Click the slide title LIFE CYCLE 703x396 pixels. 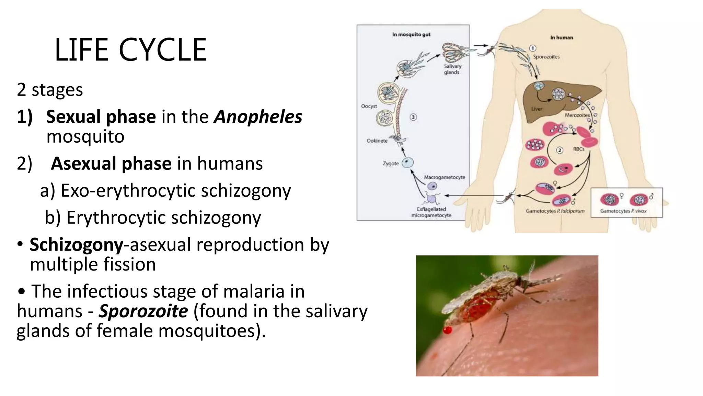pos(130,50)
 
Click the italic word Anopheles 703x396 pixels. pos(258,117)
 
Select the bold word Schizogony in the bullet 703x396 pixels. pos(76,245)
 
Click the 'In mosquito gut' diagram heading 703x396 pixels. pos(411,34)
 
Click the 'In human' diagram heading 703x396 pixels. pos(562,37)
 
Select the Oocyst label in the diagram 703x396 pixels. pos(369,106)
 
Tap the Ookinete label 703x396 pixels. pos(377,141)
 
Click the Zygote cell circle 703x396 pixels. pos(408,163)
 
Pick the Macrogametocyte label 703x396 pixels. pos(445,177)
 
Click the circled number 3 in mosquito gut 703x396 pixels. pos(413,117)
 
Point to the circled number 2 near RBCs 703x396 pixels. pos(560,150)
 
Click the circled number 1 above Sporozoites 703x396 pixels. pos(533,48)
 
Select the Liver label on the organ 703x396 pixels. pos(537,109)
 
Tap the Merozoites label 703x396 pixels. pos(577,115)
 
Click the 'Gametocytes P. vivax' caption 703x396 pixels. pos(623,211)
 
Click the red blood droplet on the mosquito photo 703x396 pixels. pos(448,330)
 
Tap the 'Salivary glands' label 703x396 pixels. pos(452,69)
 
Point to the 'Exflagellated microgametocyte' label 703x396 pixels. pos(431,212)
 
